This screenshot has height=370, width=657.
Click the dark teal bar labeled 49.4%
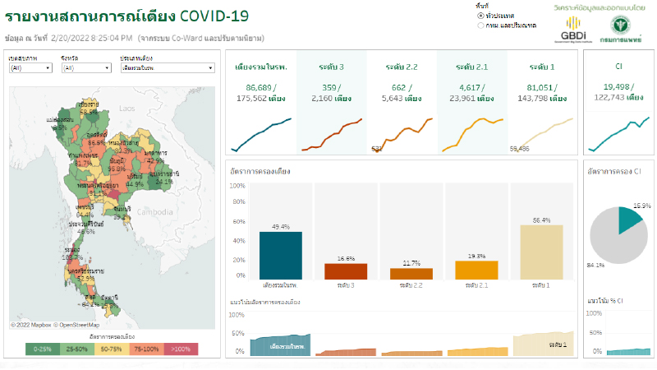(x=280, y=255)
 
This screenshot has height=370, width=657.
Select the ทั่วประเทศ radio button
(x=480, y=16)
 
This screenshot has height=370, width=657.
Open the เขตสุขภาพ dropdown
(x=30, y=68)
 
